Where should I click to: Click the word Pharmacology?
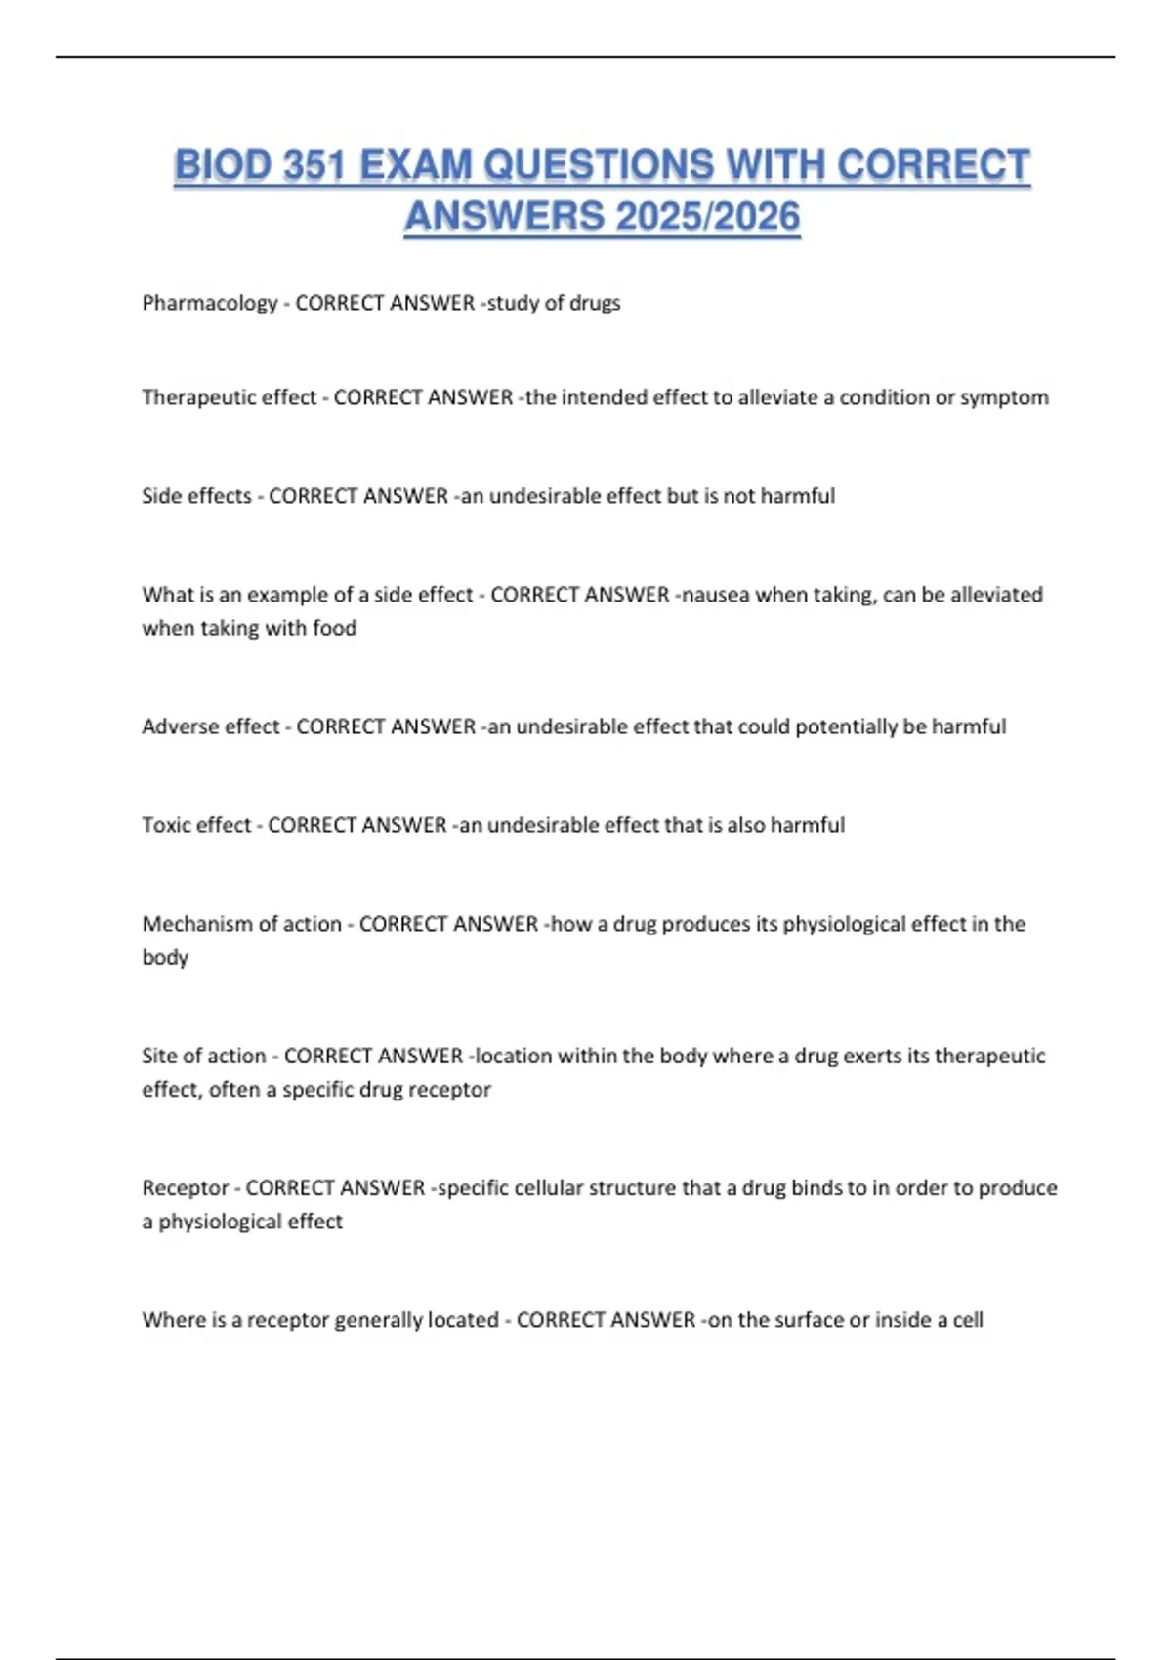click(210, 304)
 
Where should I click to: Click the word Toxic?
click(167, 825)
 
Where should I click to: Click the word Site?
click(159, 1056)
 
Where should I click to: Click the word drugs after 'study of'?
click(595, 303)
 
